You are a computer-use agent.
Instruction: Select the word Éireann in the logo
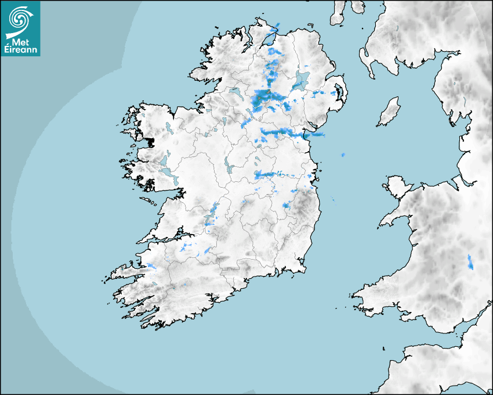(21, 49)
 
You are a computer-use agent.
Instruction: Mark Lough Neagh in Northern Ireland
(302, 80)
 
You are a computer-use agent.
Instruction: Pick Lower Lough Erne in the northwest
(235, 92)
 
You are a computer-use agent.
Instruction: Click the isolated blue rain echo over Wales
(470, 262)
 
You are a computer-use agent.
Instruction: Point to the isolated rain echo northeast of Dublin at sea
(343, 155)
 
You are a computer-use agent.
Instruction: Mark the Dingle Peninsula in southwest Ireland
(125, 270)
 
